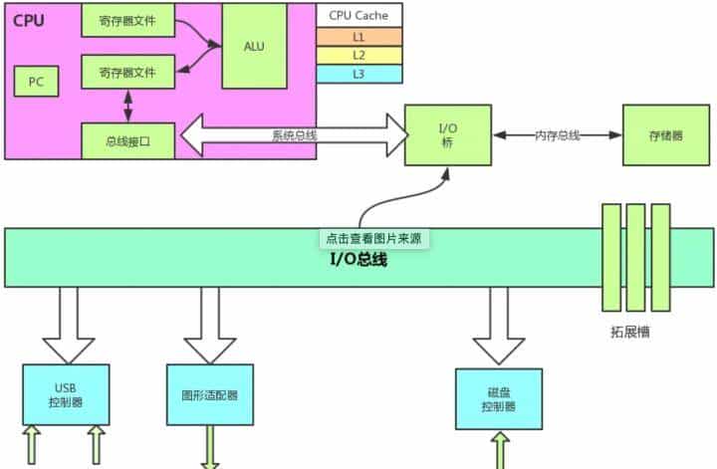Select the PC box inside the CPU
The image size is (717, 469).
36,82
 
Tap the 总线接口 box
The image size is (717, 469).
127,139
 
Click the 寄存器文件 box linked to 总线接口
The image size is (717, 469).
127,73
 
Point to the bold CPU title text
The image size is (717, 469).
30,19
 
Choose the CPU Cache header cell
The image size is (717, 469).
358,15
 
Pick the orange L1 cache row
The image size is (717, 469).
358,36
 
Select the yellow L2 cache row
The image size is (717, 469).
358,55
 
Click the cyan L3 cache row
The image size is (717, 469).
358,74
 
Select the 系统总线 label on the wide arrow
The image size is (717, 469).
295,135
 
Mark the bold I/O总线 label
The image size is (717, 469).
358,260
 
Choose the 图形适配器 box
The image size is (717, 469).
210,395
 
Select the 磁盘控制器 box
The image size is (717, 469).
498,399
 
